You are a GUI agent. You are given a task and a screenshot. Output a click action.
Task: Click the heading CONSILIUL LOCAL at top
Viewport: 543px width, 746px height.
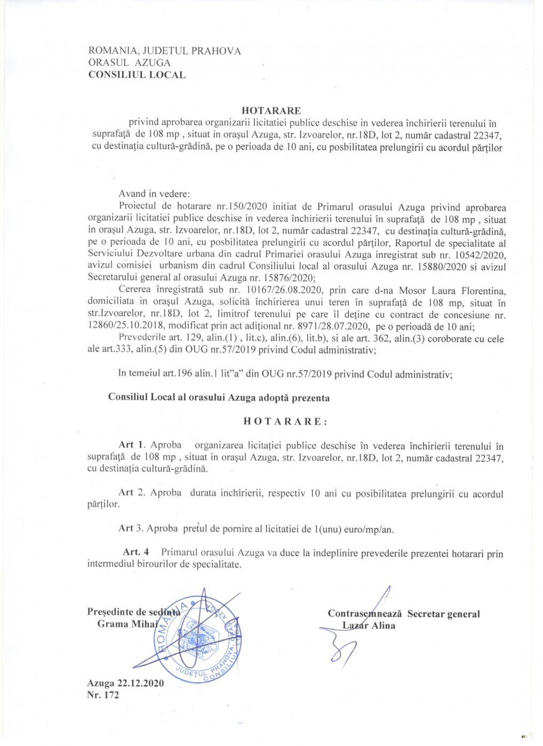pyautogui.click(x=137, y=75)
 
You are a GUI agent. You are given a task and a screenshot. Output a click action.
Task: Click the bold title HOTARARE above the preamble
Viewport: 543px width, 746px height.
pyautogui.click(x=271, y=111)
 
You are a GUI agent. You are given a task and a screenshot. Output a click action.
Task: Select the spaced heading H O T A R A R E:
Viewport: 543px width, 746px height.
pyautogui.click(x=285, y=421)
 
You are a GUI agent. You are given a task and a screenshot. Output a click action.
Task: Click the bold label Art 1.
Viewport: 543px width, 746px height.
pyautogui.click(x=132, y=445)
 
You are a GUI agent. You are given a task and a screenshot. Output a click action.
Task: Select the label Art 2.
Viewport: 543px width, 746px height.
pyautogui.click(x=132, y=493)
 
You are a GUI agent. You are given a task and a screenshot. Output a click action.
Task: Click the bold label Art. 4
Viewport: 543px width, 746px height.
pyautogui.click(x=136, y=552)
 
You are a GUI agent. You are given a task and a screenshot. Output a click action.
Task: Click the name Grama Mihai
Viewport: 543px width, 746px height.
pyautogui.click(x=127, y=624)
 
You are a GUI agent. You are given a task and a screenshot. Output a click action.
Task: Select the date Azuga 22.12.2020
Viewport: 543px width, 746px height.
pyautogui.click(x=125, y=683)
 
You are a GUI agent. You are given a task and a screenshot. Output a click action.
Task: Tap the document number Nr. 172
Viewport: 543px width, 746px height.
pyautogui.click(x=103, y=695)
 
